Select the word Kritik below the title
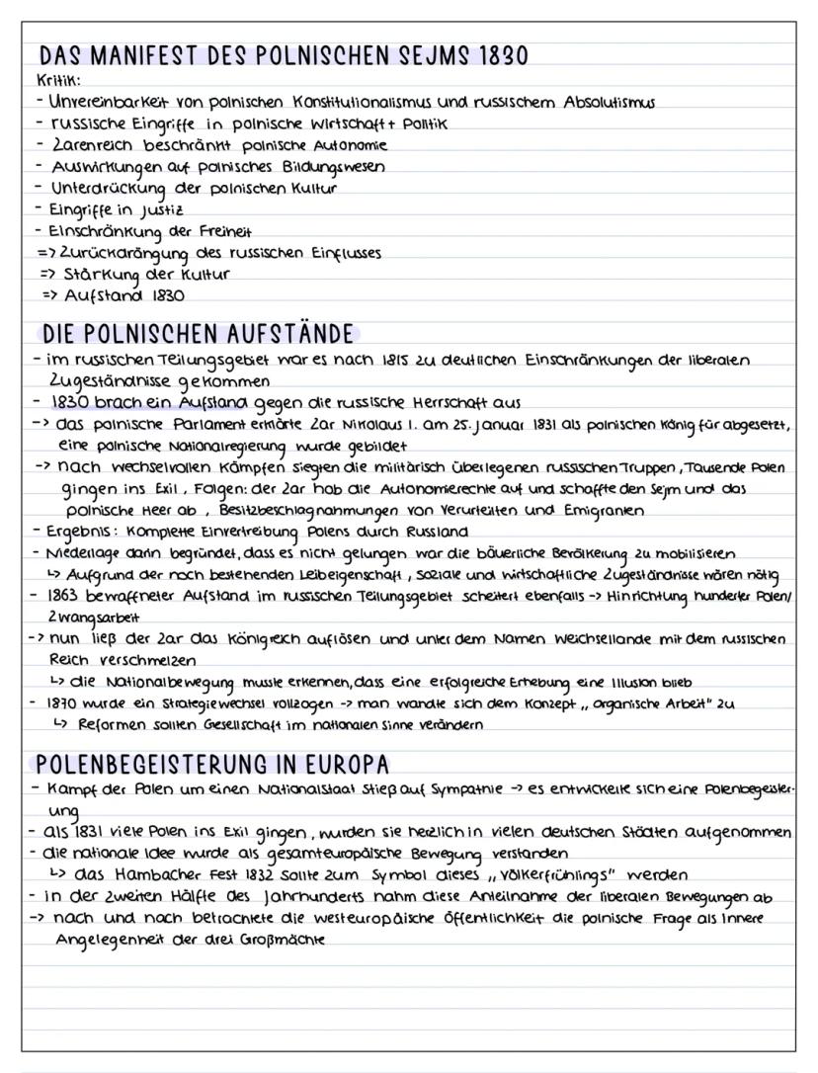57,80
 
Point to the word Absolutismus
599,102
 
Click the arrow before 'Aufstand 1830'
48,295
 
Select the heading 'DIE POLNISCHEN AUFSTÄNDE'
195,335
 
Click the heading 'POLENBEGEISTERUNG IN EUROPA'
211,766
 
